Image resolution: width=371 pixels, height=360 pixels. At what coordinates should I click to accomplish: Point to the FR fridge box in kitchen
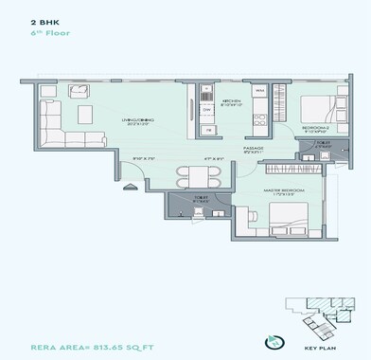tap(207, 92)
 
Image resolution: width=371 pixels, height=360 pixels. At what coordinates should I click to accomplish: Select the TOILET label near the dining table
tap(199, 199)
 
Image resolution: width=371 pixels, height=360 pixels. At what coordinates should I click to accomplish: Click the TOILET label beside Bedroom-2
tap(322, 145)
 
